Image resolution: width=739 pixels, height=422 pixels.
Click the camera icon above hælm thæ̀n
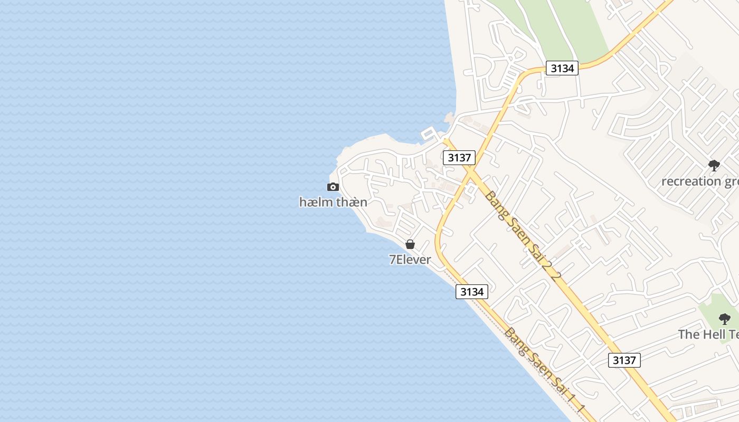tap(333, 187)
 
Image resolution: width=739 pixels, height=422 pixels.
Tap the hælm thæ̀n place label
tap(333, 202)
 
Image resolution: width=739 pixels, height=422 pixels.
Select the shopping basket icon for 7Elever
tap(410, 244)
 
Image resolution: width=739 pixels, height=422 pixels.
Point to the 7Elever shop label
tap(410, 260)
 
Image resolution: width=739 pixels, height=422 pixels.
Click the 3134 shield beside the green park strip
tap(562, 68)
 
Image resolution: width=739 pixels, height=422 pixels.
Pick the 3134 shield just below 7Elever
tap(471, 292)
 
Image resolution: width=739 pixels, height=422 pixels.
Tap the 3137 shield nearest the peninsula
tap(459, 157)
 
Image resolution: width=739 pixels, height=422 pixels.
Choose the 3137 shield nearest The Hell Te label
tap(624, 360)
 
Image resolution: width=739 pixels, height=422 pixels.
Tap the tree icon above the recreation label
tap(714, 166)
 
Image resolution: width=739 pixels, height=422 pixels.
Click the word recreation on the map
tap(691, 181)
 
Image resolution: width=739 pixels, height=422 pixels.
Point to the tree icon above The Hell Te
tap(725, 319)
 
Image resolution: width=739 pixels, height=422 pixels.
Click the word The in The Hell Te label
tap(688, 334)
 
